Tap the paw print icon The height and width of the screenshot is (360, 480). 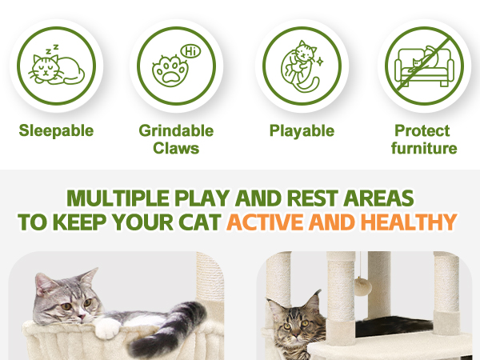(170, 70)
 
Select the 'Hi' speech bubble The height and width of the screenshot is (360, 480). (190, 51)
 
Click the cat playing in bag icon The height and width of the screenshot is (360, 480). (301, 66)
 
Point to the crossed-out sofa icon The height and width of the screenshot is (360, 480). (424, 66)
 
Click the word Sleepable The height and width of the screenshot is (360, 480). (56, 130)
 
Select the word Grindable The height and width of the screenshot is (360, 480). (176, 130)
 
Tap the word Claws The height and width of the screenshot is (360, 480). (176, 148)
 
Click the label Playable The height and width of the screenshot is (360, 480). (302, 131)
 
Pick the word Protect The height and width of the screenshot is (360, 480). (422, 130)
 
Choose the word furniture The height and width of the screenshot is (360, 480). (424, 148)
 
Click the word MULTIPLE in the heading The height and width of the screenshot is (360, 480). (118, 198)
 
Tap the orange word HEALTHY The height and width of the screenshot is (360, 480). (409, 222)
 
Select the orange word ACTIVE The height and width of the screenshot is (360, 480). (266, 222)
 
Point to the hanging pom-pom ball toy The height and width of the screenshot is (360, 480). (363, 286)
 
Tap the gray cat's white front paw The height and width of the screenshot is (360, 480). (106, 330)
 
